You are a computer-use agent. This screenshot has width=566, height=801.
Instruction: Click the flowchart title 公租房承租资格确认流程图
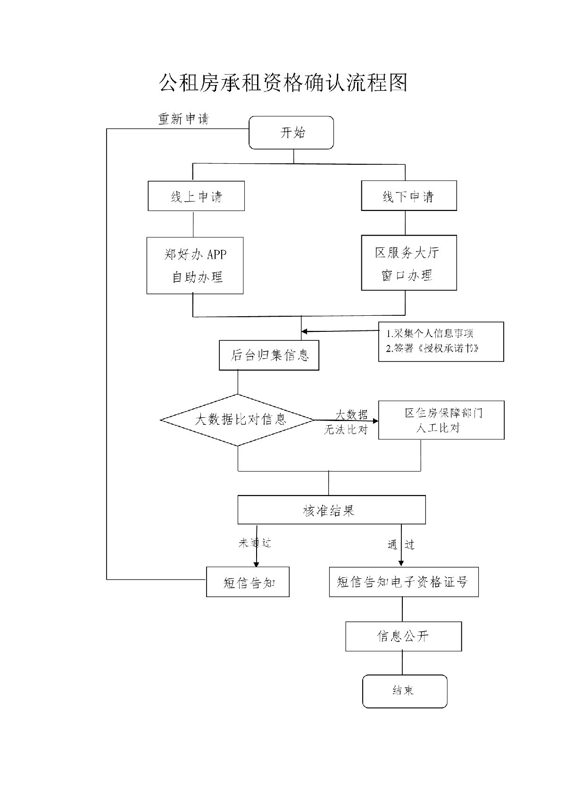tap(283, 83)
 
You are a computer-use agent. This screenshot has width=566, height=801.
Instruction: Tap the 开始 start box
tap(291, 133)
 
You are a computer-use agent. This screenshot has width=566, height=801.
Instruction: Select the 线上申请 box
tap(196, 196)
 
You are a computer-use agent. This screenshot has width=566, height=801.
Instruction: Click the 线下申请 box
tap(408, 196)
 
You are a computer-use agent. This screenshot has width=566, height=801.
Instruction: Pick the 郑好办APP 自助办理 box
tap(195, 265)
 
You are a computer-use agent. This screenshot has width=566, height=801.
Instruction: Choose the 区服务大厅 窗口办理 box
tap(408, 263)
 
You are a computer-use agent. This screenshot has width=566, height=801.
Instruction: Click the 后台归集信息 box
tap(269, 355)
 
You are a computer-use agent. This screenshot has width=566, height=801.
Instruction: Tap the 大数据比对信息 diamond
tap(238, 420)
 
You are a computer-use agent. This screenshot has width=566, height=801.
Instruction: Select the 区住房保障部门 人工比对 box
tap(441, 420)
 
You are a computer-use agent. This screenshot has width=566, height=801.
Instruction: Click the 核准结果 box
tap(331, 510)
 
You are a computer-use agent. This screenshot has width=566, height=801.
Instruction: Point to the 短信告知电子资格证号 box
tap(403, 582)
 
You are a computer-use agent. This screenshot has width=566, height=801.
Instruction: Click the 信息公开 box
tap(403, 636)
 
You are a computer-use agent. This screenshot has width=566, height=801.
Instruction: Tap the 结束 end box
tap(404, 691)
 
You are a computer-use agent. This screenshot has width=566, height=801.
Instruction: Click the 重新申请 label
tap(183, 119)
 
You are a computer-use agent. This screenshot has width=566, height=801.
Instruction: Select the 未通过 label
tap(255, 543)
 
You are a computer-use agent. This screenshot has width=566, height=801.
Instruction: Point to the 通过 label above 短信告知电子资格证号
tap(401, 545)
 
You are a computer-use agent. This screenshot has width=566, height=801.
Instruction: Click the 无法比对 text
tap(345, 430)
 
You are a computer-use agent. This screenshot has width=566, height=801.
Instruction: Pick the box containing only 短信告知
tap(248, 582)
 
